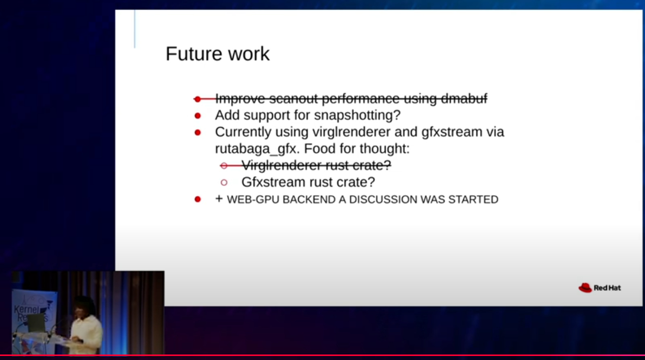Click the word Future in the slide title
pos(194,54)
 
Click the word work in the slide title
pos(249,54)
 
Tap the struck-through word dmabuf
pos(464,99)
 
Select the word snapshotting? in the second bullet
pos(357,116)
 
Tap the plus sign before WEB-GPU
pos(219,199)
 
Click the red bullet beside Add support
pos(198,116)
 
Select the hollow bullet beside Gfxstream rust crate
pos(224,182)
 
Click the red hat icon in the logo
pos(585,288)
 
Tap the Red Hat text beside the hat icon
pos(607,288)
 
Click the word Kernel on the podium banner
pos(26,310)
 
